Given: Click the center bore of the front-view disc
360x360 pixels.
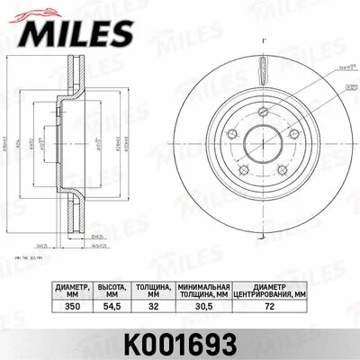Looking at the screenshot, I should coord(264,146).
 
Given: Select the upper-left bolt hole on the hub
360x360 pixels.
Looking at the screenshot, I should coord(230,134).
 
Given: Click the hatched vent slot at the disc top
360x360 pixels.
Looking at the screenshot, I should coord(262,67).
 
